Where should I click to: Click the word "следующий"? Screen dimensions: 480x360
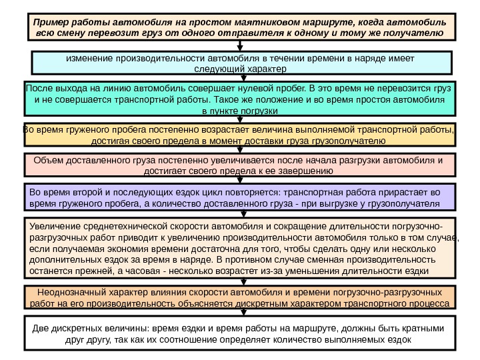coord(217,69)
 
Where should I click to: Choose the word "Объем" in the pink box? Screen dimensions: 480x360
coord(47,161)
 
